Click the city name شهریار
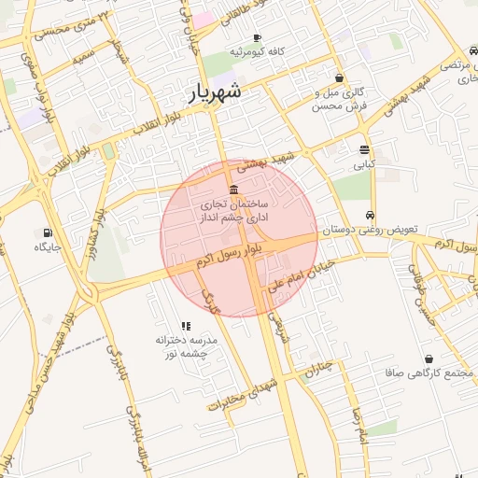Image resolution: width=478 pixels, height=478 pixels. [215, 91]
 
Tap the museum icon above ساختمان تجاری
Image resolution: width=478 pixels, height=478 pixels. [232, 190]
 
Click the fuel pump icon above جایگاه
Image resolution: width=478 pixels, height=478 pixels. [47, 232]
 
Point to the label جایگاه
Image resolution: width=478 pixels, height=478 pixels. [48, 247]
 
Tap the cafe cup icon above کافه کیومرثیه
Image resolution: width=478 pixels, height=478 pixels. [257, 37]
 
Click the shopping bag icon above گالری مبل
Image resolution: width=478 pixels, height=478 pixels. [338, 78]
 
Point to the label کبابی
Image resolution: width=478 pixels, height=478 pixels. [363, 164]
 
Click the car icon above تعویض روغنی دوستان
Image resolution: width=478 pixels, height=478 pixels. [372, 214]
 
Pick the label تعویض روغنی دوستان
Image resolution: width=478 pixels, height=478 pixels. [372, 229]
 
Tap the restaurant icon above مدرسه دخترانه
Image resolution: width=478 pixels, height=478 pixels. [186, 326]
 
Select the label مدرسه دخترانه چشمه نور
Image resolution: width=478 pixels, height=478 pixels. [186, 347]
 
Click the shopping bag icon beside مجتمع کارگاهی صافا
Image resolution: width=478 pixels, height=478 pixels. [429, 358]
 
